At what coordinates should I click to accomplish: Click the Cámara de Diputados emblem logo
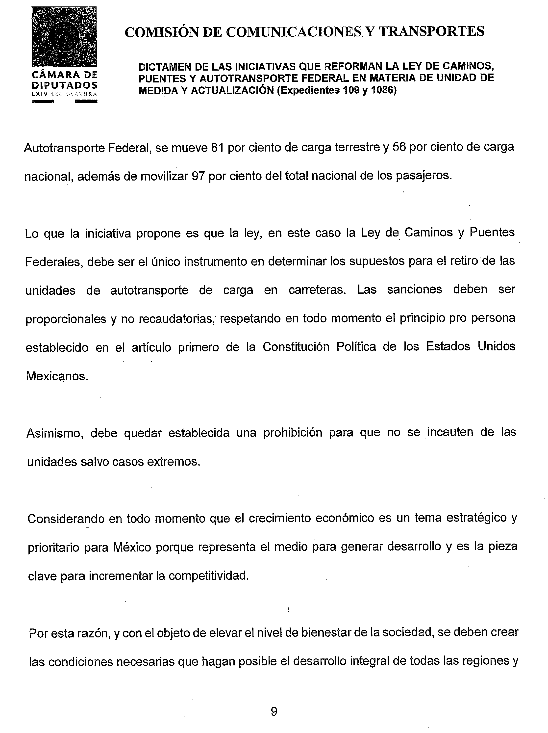(64, 36)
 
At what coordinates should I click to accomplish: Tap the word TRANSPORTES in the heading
(431, 31)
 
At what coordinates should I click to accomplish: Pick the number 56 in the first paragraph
(399, 147)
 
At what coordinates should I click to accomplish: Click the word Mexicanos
(57, 376)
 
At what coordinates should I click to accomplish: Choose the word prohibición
(293, 433)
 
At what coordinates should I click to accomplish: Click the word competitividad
(209, 576)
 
